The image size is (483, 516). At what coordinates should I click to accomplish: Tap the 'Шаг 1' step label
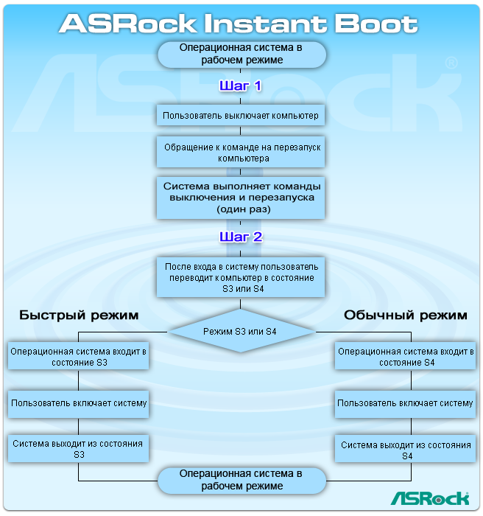[x=240, y=86]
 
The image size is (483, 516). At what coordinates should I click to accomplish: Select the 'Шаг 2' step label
[x=240, y=237]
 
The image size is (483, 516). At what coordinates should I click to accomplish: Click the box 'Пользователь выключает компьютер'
[x=241, y=116]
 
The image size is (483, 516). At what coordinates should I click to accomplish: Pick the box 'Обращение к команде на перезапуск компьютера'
[x=241, y=153]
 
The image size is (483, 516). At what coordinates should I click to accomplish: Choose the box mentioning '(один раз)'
[x=241, y=197]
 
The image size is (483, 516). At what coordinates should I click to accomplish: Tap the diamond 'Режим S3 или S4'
[x=240, y=332]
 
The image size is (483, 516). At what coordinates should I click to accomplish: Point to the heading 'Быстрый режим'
[x=79, y=315]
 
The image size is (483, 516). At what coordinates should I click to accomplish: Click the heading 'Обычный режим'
[x=405, y=315]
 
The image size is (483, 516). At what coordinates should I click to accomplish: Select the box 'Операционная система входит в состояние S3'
[x=79, y=358]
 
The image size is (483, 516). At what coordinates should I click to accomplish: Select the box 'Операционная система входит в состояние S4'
[x=405, y=358]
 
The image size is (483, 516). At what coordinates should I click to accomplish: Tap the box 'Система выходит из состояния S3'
[x=79, y=450]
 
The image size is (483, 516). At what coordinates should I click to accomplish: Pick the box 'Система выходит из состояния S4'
[x=405, y=450]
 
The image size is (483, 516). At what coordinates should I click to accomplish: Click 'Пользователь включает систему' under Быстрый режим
[x=79, y=403]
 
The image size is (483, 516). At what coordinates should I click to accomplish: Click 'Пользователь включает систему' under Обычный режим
[x=405, y=403]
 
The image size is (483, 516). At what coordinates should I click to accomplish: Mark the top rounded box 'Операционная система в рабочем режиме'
[x=241, y=54]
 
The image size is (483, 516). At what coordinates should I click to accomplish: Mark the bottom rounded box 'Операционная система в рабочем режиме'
[x=241, y=480]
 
